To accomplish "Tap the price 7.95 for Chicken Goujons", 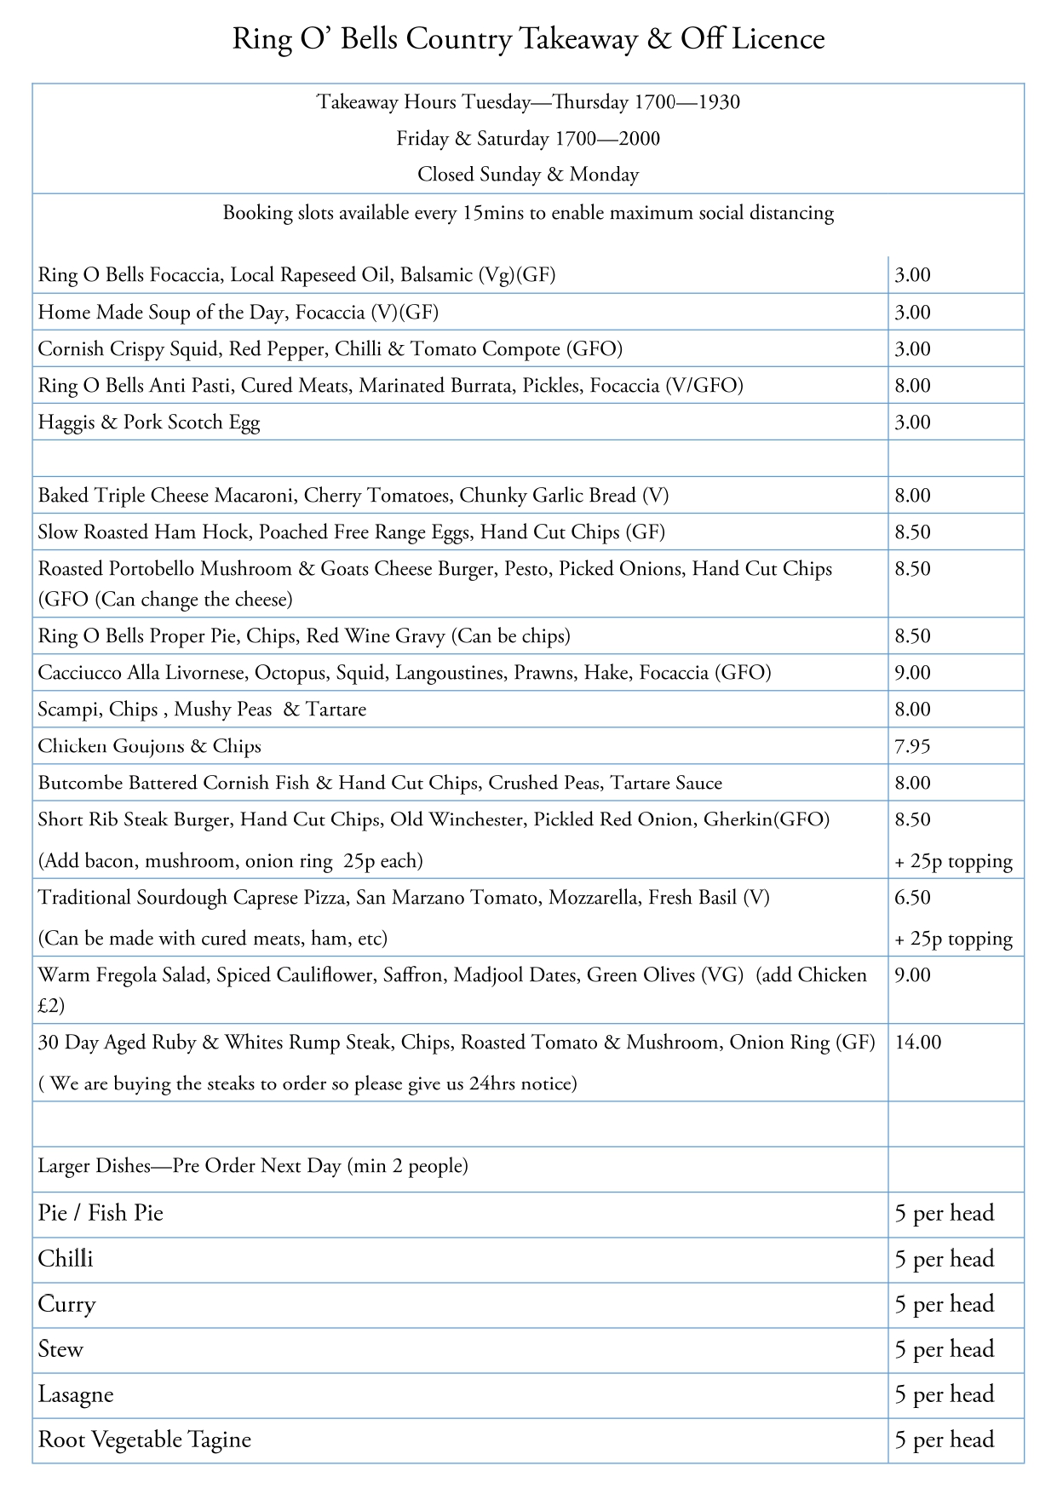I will click(912, 746).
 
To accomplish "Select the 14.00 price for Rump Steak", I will click(918, 1042).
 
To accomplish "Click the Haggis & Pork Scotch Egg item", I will click(149, 422).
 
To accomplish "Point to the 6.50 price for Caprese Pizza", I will click(912, 897).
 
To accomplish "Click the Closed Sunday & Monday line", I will click(528, 175).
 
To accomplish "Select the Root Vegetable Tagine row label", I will click(145, 1439).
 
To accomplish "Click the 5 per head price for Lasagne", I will click(945, 1394).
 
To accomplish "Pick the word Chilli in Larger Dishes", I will click(66, 1259).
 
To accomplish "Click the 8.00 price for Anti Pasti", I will click(912, 386).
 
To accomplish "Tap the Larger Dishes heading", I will click(252, 1165).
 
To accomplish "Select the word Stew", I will click(60, 1349).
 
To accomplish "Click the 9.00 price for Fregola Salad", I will click(912, 975).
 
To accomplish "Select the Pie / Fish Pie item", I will click(101, 1213).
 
